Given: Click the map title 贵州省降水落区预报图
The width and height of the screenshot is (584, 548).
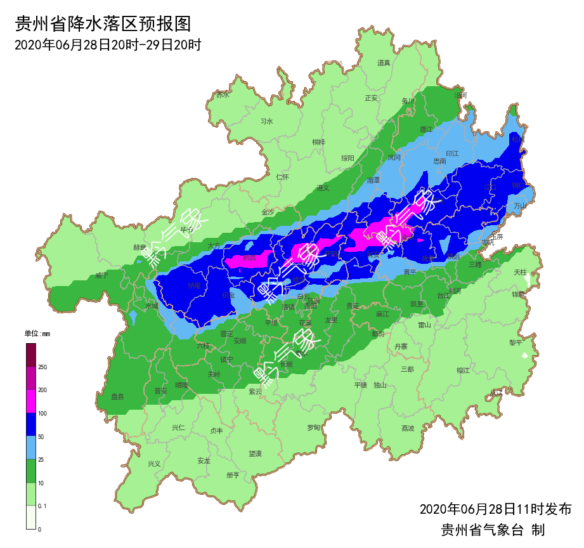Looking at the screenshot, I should [103, 24].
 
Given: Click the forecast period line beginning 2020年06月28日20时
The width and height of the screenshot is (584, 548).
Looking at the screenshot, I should [107, 44].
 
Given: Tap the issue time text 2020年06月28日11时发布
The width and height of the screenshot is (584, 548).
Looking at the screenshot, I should [495, 509].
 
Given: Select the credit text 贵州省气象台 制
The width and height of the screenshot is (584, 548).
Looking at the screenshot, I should [493, 530].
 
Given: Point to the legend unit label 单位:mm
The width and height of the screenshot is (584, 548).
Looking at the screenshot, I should [37, 334].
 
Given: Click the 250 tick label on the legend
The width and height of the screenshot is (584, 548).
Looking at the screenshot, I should [42, 367].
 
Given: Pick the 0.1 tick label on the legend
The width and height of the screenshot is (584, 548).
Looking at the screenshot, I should [42, 506].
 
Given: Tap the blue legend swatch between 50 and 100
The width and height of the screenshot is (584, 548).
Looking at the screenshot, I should [31, 424].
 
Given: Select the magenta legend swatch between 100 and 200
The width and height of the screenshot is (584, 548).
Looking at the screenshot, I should [31, 401].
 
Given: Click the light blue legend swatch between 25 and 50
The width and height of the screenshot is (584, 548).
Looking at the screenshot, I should [31, 448].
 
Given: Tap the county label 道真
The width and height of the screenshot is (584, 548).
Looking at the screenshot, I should [384, 62].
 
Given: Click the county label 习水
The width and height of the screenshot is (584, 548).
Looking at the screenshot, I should [267, 121].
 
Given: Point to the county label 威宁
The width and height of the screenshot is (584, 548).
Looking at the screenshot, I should [101, 275].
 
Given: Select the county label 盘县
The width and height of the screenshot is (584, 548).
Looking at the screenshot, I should [118, 396].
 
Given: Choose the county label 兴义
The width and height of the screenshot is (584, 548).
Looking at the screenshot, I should [154, 464].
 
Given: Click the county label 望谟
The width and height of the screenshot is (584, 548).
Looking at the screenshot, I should [255, 454].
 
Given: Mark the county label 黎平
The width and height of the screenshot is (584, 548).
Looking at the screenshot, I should [516, 342].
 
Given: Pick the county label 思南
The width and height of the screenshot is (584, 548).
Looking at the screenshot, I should [439, 161].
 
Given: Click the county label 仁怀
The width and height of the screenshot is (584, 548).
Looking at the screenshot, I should [283, 177].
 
